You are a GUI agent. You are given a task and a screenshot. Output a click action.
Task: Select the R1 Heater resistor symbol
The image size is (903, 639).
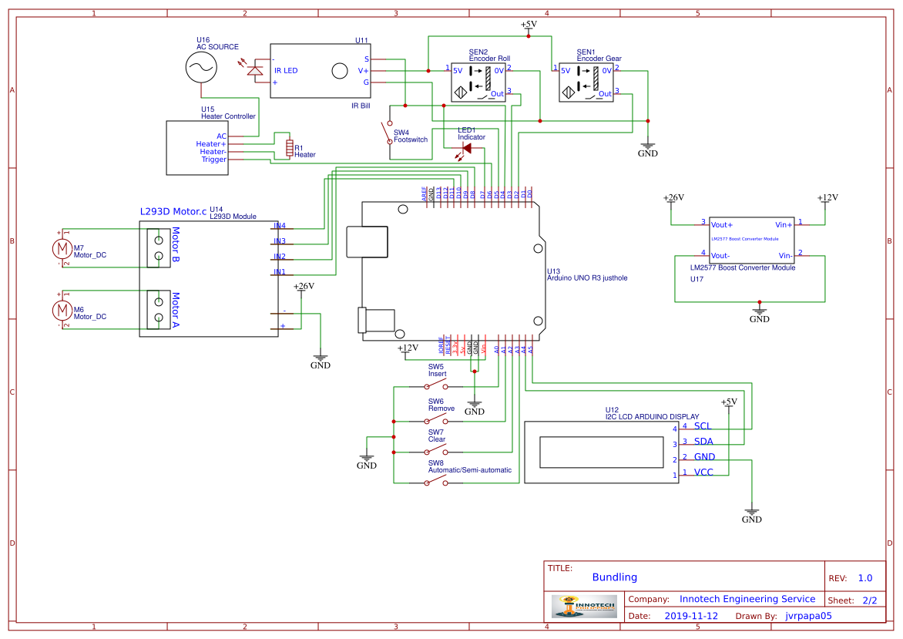coord(290,148)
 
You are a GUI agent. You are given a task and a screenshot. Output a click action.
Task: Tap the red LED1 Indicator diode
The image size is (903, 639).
coord(466,148)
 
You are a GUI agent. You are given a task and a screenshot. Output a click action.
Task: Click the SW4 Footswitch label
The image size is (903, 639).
coord(410,136)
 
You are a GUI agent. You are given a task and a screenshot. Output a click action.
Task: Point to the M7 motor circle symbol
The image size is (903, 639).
coord(61,248)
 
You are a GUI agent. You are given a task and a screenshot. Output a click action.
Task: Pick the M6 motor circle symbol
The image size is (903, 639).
coord(61,310)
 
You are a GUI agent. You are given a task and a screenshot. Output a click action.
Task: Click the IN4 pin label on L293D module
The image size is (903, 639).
coord(279,226)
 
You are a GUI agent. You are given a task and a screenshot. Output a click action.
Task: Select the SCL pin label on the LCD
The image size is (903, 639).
coord(703,426)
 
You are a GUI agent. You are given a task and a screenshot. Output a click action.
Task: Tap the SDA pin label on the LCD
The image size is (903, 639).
coord(703,442)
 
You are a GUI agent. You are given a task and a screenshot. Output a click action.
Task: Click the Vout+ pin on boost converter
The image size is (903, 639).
coord(721,224)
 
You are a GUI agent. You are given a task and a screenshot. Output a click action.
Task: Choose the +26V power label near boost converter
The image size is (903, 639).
coord(673,198)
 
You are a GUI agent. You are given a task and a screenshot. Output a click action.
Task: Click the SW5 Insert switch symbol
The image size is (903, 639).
coord(437,384)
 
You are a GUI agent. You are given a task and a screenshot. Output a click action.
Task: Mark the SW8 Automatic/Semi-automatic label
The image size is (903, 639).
coord(469,470)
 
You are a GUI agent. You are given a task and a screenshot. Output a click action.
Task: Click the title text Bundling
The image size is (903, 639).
coord(614,577)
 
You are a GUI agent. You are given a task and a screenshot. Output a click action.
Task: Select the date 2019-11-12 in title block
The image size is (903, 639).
coord(691,616)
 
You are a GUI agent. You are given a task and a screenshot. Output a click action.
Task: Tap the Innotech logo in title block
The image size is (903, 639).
coord(585,606)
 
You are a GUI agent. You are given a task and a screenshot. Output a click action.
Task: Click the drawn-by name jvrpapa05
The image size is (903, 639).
coord(808,616)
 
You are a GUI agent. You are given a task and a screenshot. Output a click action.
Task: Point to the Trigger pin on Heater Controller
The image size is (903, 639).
coord(214,160)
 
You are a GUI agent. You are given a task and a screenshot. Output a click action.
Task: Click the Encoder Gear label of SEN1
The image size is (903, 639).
coord(599,59)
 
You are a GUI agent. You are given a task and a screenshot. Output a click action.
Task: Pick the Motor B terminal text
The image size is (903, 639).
coord(176,245)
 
